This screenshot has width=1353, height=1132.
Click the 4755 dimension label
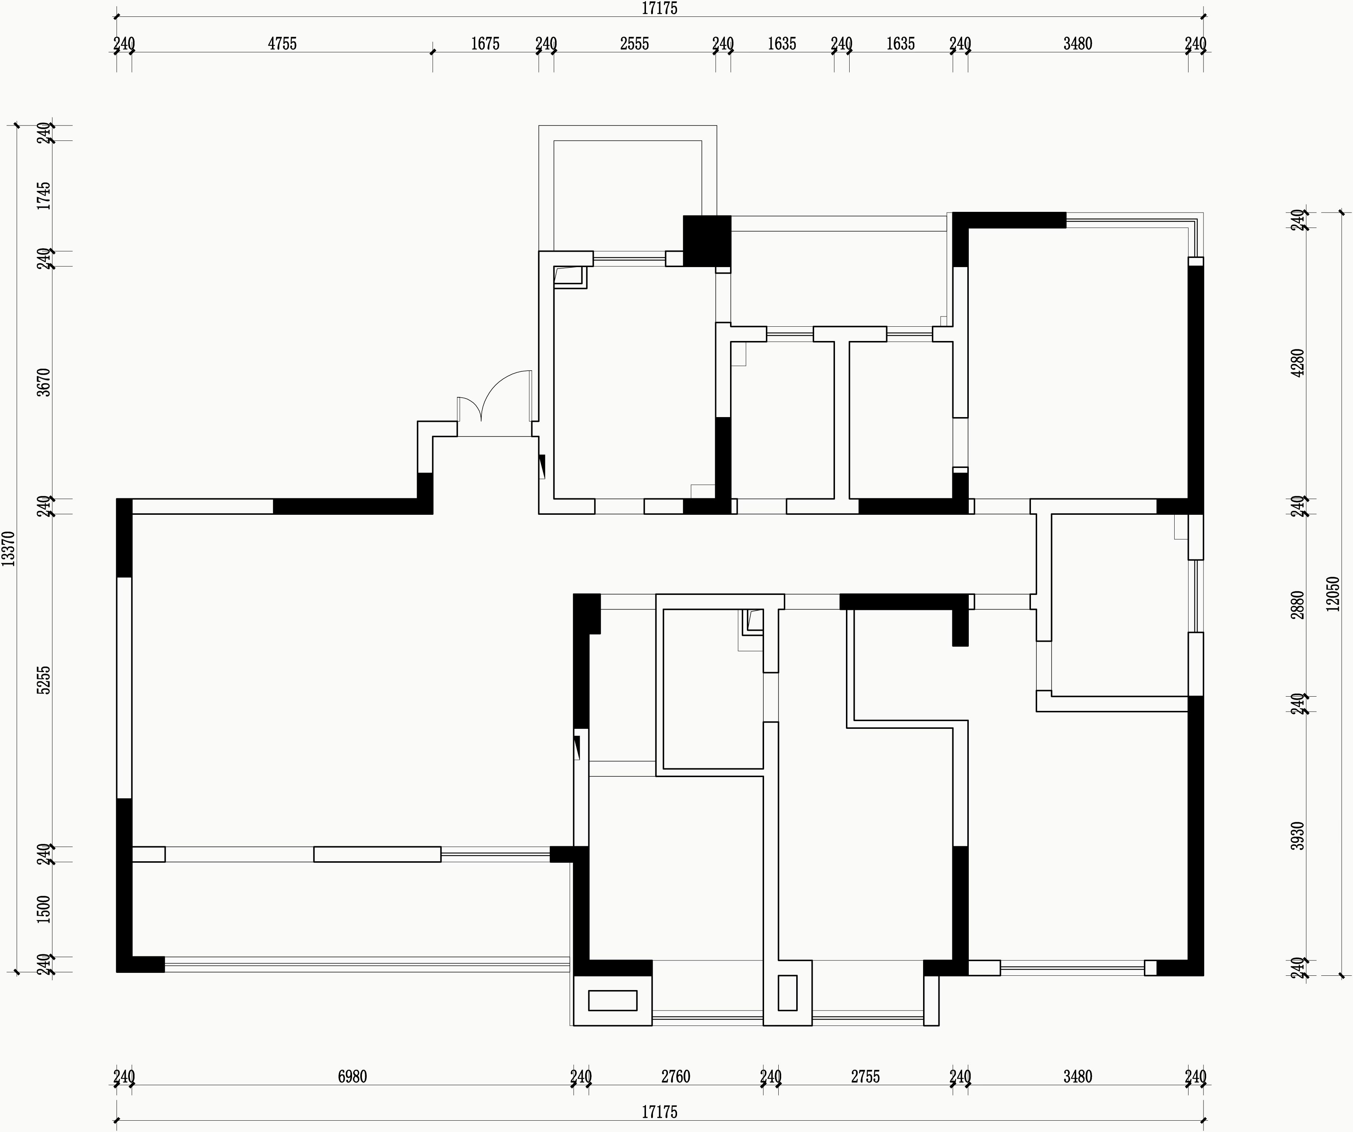point(282,44)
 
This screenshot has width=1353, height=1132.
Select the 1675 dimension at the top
point(485,44)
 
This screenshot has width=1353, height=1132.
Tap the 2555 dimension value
point(635,44)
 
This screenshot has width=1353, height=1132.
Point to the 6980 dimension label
point(352,1076)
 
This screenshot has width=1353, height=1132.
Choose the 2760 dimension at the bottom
point(676,1076)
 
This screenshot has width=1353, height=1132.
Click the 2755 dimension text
point(865,1076)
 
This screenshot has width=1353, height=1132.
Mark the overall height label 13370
point(8,548)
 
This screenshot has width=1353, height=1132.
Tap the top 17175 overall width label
point(660,8)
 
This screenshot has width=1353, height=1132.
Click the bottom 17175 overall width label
point(660,1112)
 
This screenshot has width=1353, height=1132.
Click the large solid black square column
point(707,240)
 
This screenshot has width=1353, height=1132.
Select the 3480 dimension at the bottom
point(1078,1076)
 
